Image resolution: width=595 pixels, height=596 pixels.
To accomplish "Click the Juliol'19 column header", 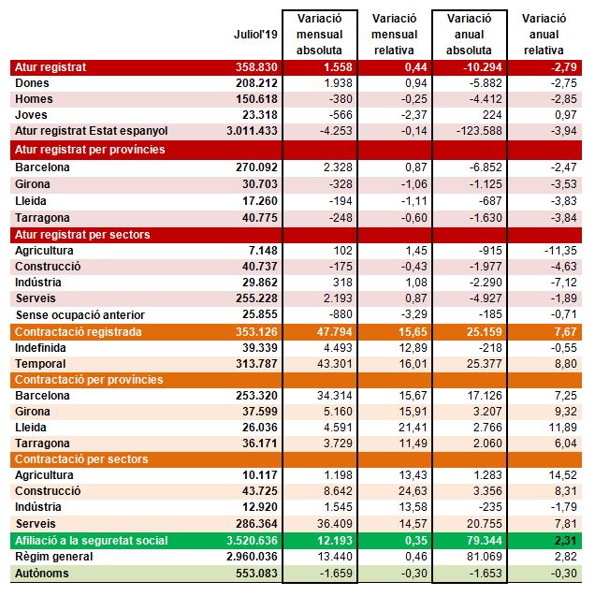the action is pos(255,35).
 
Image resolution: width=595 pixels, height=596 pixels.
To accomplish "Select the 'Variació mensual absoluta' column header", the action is pos(319,35).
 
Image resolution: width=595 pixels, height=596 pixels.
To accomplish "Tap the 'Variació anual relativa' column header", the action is pos(544,35).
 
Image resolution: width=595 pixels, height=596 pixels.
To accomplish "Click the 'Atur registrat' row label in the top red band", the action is pos(51,67).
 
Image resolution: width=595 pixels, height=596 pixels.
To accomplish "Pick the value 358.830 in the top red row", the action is pos(256,67).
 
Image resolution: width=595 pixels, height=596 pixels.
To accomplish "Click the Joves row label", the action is pos(31,115).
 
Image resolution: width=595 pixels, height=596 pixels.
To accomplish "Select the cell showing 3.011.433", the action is pos(252,131).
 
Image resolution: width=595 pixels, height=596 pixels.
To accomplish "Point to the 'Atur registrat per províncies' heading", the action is pos(90,150).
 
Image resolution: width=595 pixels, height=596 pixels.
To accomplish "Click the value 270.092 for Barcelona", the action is pos(256,167).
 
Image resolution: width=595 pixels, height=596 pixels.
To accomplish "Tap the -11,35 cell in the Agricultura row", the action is pos(560,251).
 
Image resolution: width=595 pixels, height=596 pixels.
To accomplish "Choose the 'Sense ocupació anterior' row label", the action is pos(80,314).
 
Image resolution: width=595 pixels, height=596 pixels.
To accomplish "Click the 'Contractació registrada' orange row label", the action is pos(79,332).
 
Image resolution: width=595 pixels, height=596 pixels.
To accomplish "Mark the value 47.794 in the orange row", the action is pos(334,332).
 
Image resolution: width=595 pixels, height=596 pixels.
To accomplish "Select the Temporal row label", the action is pos(40,364).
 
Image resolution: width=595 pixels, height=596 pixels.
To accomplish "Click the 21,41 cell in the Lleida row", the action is pos(413,428).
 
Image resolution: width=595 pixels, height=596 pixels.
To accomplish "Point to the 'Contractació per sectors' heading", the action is pos(81,459).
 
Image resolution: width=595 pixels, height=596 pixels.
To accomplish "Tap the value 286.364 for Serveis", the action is pos(256,523).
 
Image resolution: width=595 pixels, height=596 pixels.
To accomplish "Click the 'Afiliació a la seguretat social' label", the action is pos(91,541).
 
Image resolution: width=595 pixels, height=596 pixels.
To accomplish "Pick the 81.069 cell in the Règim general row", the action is pos(485,557).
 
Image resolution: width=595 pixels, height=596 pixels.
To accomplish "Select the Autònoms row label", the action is pos(42,574).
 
